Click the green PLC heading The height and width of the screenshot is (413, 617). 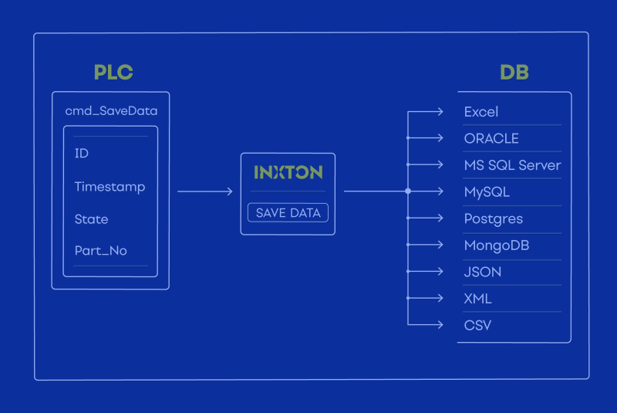pyautogui.click(x=113, y=72)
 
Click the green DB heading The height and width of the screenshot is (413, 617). pyautogui.click(x=514, y=72)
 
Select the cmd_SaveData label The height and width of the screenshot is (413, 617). pyautogui.click(x=111, y=110)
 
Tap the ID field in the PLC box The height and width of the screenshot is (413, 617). pyautogui.click(x=82, y=153)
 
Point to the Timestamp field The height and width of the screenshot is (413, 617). pyautogui.click(x=110, y=187)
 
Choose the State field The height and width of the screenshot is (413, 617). pyautogui.click(x=91, y=219)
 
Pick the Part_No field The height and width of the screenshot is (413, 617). pyautogui.click(x=101, y=251)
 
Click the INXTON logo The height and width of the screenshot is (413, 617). pyautogui.click(x=288, y=172)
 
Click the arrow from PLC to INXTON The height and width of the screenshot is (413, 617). pyautogui.click(x=205, y=191)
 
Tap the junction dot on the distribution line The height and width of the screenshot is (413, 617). pyautogui.click(x=408, y=191)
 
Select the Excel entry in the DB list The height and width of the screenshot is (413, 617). pyautogui.click(x=480, y=112)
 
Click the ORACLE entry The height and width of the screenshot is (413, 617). pyautogui.click(x=491, y=139)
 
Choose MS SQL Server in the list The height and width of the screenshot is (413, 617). pyautogui.click(x=512, y=165)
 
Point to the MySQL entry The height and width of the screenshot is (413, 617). pyautogui.click(x=487, y=192)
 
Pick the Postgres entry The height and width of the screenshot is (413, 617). pyautogui.click(x=494, y=219)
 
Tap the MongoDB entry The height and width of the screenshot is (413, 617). pyautogui.click(x=497, y=245)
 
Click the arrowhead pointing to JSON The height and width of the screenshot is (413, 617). pyautogui.click(x=440, y=271)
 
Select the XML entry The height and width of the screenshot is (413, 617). pyautogui.click(x=477, y=299)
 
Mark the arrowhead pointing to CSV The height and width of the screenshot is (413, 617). pyautogui.click(x=440, y=325)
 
